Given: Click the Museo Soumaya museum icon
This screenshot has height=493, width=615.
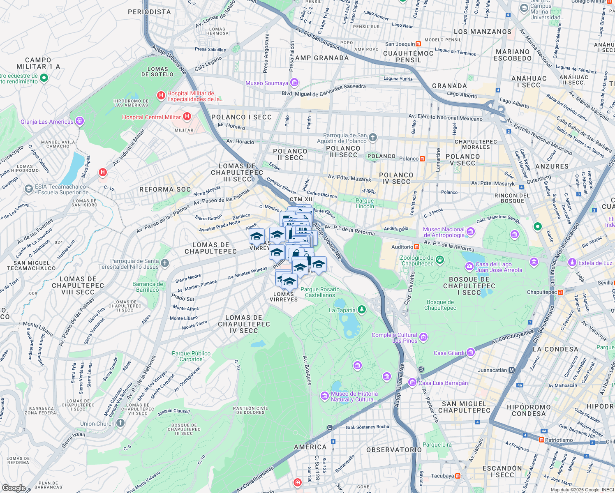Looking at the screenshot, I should (294, 83).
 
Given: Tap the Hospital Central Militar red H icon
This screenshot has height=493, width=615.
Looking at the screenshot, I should (187, 117).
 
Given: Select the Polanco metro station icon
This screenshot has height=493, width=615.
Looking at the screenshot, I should (423, 159).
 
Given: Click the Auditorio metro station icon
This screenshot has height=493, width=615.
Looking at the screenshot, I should (417, 247).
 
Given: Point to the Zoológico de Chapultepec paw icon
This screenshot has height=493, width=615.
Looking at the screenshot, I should (440, 259).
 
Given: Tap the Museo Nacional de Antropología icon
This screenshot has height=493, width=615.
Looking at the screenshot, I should (471, 232).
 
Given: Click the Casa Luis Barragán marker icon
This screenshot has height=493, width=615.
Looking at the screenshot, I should (412, 383).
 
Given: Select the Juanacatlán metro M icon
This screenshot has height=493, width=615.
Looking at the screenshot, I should (511, 370).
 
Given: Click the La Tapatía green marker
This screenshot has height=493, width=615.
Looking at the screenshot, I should (362, 310).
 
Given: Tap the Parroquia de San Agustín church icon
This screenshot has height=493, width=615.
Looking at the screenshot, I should (373, 138).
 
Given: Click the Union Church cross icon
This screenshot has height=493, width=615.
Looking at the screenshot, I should (120, 423).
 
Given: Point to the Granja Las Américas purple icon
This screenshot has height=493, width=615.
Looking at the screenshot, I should (80, 121).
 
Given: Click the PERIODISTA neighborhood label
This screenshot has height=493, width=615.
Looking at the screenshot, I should (149, 12).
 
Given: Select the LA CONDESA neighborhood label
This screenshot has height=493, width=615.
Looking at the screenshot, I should (555, 349).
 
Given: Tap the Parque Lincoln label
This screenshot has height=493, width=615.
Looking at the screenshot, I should (365, 203).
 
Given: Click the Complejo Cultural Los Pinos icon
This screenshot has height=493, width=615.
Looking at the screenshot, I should (424, 337).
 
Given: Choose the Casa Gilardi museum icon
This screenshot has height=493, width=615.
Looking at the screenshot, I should (471, 352).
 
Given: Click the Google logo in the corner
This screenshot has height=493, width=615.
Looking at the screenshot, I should (14, 488).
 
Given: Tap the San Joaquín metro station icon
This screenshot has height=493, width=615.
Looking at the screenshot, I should (418, 44).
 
